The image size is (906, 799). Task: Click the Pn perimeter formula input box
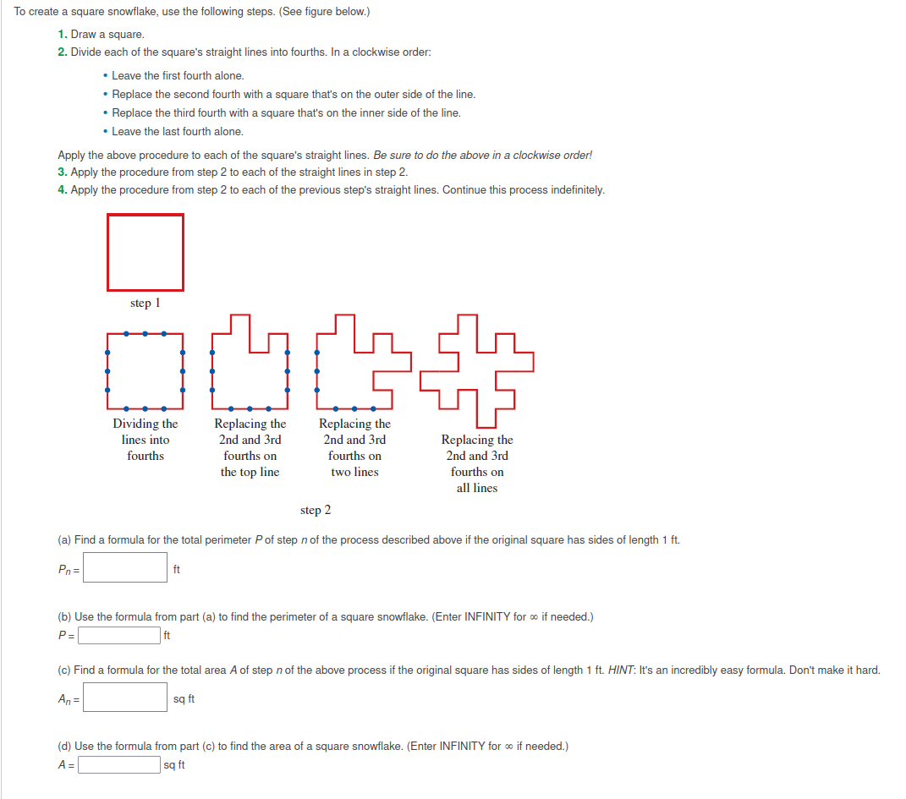(x=125, y=567)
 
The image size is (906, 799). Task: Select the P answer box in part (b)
(x=119, y=635)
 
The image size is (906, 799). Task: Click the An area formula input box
(x=125, y=698)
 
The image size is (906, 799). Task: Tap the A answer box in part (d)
(x=119, y=765)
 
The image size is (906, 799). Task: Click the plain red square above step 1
(x=145, y=252)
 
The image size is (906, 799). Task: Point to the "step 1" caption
(x=145, y=303)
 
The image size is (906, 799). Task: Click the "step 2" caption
(x=316, y=510)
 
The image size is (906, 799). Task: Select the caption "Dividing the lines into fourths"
(x=146, y=440)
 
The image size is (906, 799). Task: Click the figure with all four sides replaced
(x=477, y=370)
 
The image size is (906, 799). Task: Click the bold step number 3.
(x=62, y=172)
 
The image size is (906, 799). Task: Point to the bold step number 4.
(x=62, y=190)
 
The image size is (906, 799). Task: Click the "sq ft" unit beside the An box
(x=184, y=699)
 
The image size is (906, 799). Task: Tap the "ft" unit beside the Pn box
(x=176, y=569)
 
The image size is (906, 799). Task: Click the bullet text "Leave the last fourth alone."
(x=178, y=132)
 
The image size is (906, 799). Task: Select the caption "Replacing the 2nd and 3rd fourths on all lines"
(x=477, y=463)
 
